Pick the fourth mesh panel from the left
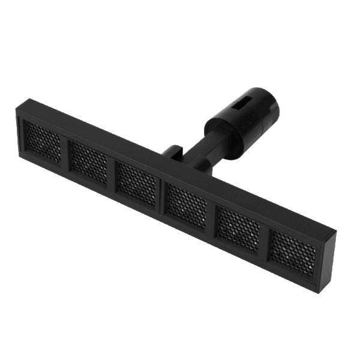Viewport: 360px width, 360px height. click(187, 204)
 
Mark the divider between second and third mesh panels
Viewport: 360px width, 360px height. click(112, 173)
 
